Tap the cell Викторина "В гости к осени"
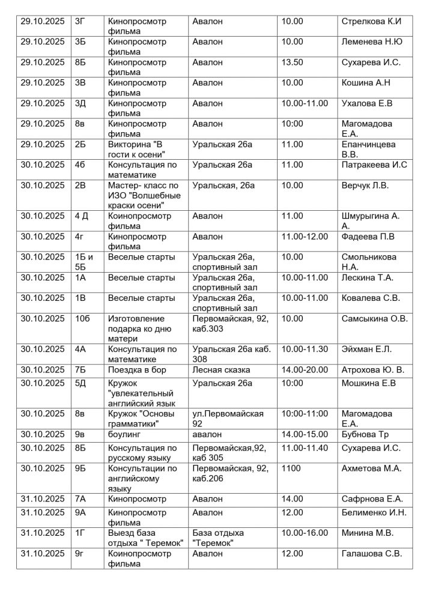[x=139, y=149]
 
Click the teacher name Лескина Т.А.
[x=367, y=277]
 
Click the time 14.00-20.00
[x=305, y=370]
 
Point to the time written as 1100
[x=291, y=468]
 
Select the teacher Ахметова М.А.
[x=371, y=468]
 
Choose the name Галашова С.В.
[x=371, y=554]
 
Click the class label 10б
[x=82, y=318]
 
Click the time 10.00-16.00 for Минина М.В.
[x=305, y=533]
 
